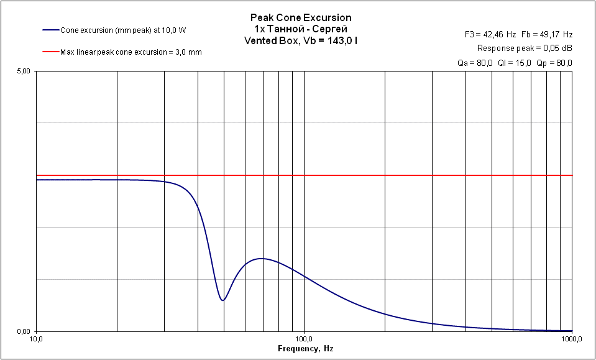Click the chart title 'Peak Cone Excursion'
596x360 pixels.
click(x=301, y=19)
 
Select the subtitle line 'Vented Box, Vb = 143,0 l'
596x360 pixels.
click(x=301, y=40)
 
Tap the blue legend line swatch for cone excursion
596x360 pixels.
click(x=50, y=30)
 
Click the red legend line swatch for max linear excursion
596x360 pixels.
click(x=50, y=52)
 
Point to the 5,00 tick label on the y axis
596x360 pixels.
click(x=23, y=72)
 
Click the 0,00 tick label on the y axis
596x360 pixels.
click(x=23, y=331)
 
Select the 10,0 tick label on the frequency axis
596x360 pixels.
click(x=36, y=339)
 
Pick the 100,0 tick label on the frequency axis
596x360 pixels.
click(x=304, y=339)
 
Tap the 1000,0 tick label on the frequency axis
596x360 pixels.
click(x=571, y=339)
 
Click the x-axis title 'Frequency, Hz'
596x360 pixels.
click(x=305, y=349)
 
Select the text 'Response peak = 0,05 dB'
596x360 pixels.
click(x=525, y=48)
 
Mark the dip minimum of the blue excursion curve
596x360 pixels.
click(x=222, y=300)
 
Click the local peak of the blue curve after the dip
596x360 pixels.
click(x=262, y=258)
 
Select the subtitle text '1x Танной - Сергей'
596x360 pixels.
click(x=301, y=29)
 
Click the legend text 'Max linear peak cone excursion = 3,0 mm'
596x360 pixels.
click(x=131, y=52)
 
